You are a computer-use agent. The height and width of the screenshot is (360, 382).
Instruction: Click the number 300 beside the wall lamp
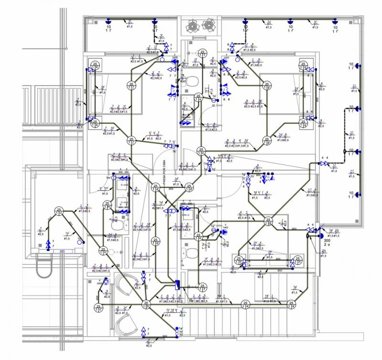pos(327,240)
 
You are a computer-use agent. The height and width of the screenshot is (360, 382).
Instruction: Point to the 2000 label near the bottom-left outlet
pos(100,283)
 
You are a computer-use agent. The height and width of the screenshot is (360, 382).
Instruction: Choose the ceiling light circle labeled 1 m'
pos(107,206)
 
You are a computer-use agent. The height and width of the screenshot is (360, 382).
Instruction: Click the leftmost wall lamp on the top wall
pos(108,21)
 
